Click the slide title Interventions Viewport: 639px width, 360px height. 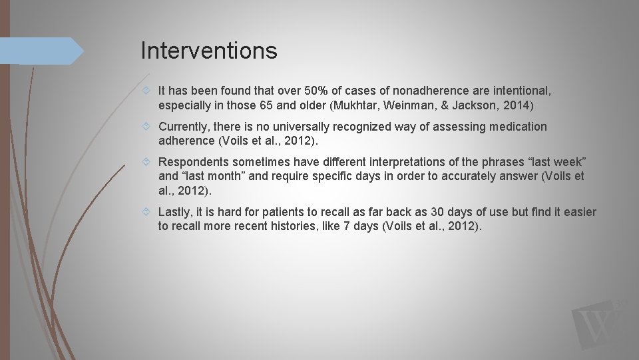pyautogui.click(x=208, y=51)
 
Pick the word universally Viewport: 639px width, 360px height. pyautogui.click(x=320, y=127)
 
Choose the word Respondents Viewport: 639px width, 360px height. pyautogui.click(x=193, y=162)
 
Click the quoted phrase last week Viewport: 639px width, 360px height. pyautogui.click(x=561, y=162)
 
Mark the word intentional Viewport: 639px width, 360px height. pyautogui.click(x=521, y=91)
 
